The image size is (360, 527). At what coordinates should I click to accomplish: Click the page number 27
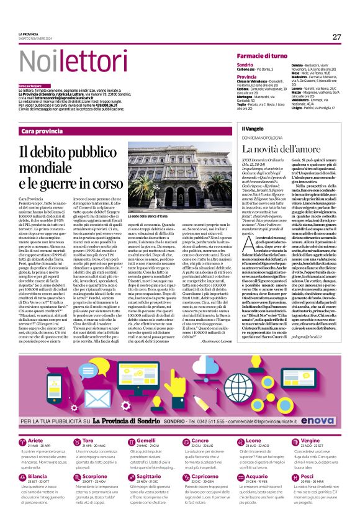pyautogui.click(x=336, y=37)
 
